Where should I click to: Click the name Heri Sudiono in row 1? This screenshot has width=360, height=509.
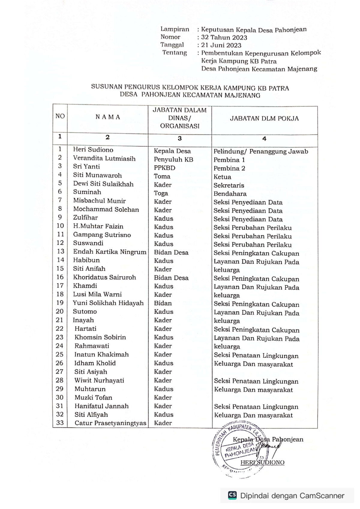[93, 150]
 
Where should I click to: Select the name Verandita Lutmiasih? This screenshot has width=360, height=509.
[104, 158]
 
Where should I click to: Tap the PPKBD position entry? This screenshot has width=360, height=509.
[164, 168]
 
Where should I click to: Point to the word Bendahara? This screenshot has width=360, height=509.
[230, 194]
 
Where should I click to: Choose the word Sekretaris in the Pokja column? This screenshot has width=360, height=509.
[229, 185]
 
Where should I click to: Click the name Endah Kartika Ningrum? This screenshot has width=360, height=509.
[109, 252]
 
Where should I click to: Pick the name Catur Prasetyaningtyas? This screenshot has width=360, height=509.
[110, 423]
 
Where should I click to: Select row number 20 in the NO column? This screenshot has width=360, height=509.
[60, 311]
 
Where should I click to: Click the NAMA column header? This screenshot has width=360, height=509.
[108, 117]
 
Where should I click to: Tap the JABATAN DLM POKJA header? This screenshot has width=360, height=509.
[264, 118]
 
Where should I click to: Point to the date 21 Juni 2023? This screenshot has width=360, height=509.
[221, 45]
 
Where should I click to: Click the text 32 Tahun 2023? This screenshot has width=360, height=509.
[224, 37]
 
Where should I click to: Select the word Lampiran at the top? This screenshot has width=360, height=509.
[175, 29]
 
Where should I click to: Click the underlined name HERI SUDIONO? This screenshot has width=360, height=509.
[262, 462]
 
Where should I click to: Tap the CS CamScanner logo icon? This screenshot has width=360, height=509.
[232, 495]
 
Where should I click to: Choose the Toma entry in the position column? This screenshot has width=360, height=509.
[162, 177]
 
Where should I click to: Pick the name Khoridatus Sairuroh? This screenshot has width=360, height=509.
[104, 277]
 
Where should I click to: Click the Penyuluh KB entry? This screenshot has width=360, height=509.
[173, 159]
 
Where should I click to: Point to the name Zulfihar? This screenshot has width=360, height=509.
[85, 218]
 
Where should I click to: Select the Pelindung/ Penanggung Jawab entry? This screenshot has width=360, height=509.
[260, 151]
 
